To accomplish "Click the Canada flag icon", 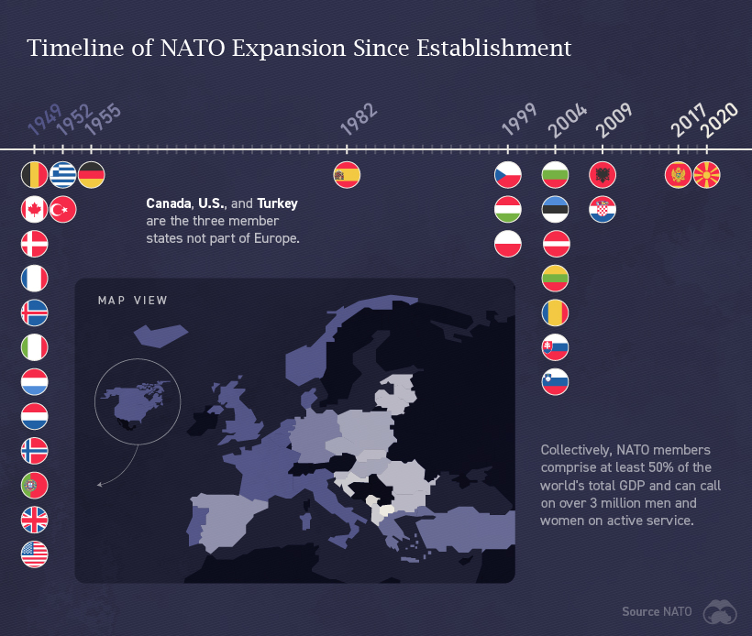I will coord(34,209).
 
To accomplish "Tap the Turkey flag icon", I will coord(62,209).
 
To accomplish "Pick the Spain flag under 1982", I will coord(347,174).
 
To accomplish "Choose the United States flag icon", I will coord(34,554).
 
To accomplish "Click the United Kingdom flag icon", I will coord(34,520).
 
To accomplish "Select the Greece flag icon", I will coord(62,174).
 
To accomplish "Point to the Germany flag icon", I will coord(91,174).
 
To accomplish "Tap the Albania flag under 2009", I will coord(603,174).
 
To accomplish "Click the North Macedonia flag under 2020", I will coord(706,174).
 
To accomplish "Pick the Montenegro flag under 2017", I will coord(678,174).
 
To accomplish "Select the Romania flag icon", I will coord(555,313).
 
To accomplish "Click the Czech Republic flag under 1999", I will coord(508,174).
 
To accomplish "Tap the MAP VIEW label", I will coord(133,301).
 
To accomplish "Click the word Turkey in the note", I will coord(277,203).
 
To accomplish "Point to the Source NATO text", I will coord(656,612).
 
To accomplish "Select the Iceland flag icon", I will coord(34,313).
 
